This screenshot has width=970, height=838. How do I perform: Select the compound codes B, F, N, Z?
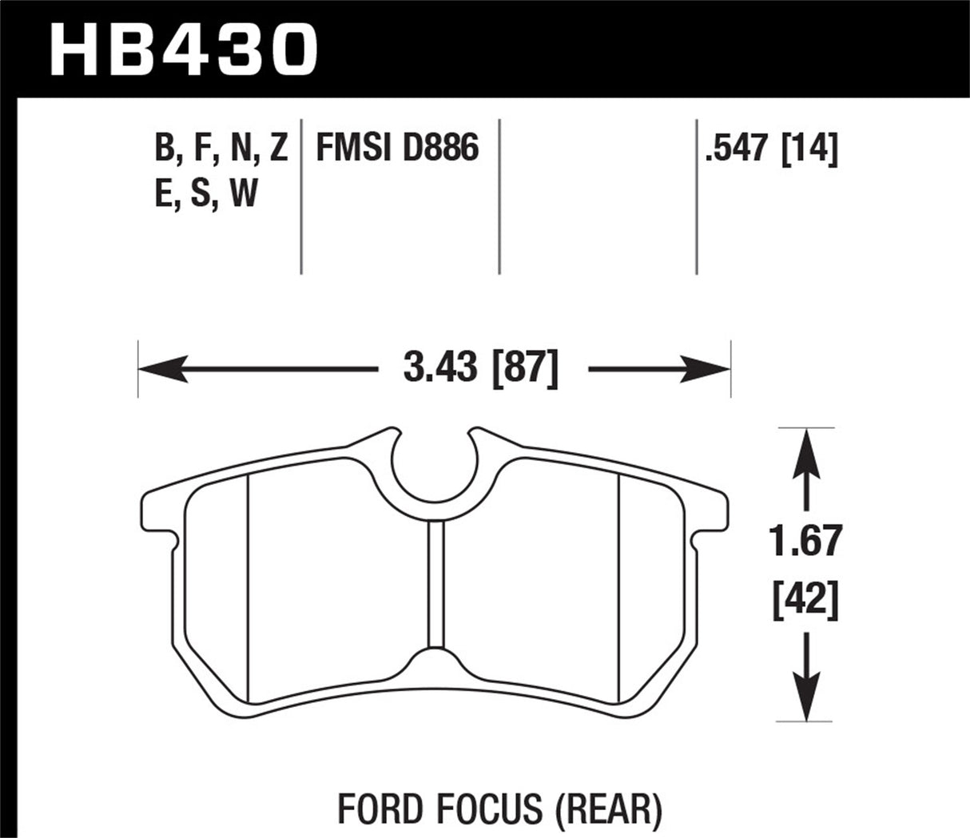221,149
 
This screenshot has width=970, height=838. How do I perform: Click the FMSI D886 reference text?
397,149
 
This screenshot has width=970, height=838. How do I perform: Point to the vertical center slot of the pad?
435,583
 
